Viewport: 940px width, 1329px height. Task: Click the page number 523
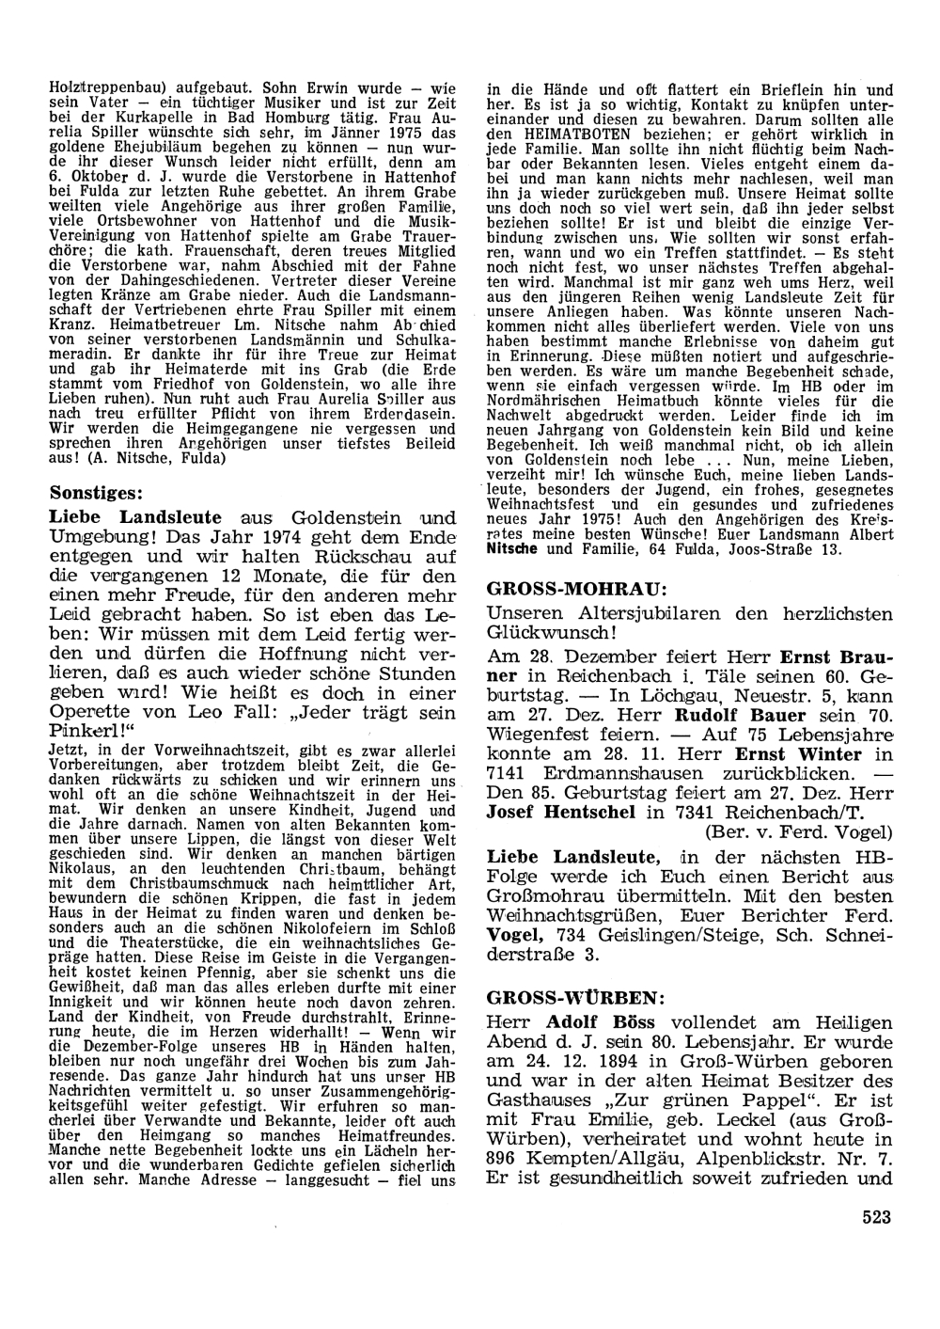point(875,1217)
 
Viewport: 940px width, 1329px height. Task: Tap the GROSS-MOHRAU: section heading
point(578,590)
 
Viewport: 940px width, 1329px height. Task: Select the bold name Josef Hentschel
point(561,812)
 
